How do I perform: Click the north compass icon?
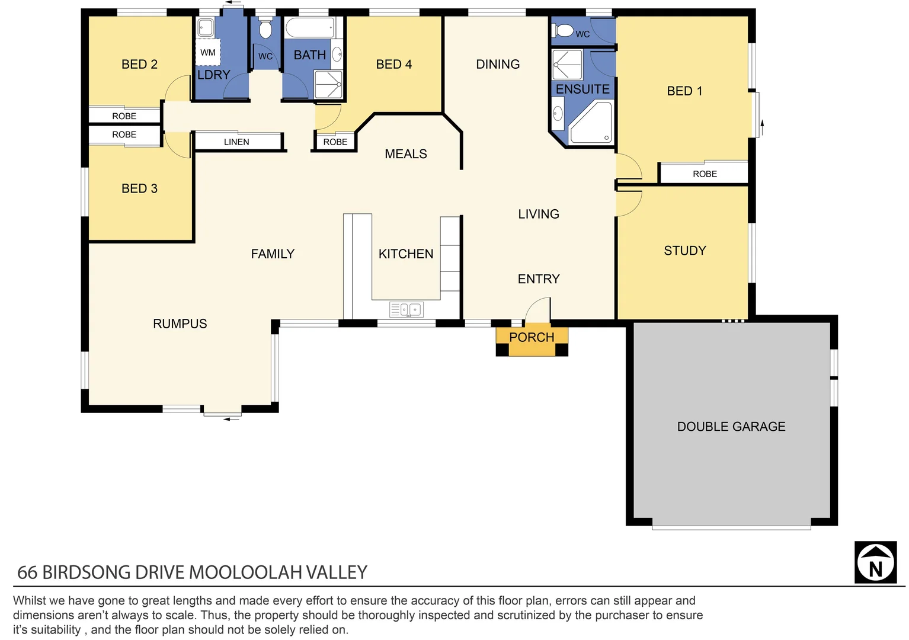tap(875, 562)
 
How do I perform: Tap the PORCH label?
tap(532, 337)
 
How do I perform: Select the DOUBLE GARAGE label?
tap(731, 427)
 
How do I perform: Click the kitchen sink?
tap(406, 309)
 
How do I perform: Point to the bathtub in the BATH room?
tap(309, 28)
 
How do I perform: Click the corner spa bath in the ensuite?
tap(590, 124)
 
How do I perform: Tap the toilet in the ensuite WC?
tap(565, 30)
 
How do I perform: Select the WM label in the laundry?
tap(207, 53)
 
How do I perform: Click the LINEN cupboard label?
tap(236, 142)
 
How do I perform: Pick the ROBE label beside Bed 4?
tap(335, 142)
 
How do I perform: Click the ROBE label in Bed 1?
tap(705, 174)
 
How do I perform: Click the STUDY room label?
tap(684, 251)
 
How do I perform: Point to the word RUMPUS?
tap(180, 324)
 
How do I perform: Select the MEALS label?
tap(405, 154)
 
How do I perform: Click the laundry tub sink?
tap(206, 27)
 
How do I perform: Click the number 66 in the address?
tap(27, 572)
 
